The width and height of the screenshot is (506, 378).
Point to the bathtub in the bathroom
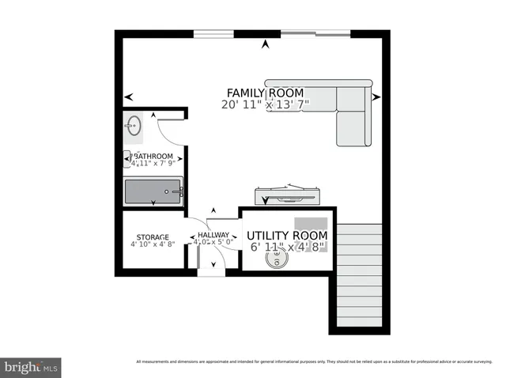click(153, 191)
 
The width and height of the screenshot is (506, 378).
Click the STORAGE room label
click(152, 237)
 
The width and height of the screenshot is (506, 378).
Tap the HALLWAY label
click(213, 235)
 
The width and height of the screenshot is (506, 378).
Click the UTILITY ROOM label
click(287, 236)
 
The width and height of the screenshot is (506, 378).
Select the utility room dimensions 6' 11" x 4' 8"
click(287, 248)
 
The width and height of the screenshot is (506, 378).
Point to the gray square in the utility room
click(311, 224)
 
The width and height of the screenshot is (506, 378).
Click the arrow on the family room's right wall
click(376, 96)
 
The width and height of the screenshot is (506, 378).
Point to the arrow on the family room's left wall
click(128, 96)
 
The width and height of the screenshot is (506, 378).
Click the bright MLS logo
click(31, 367)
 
